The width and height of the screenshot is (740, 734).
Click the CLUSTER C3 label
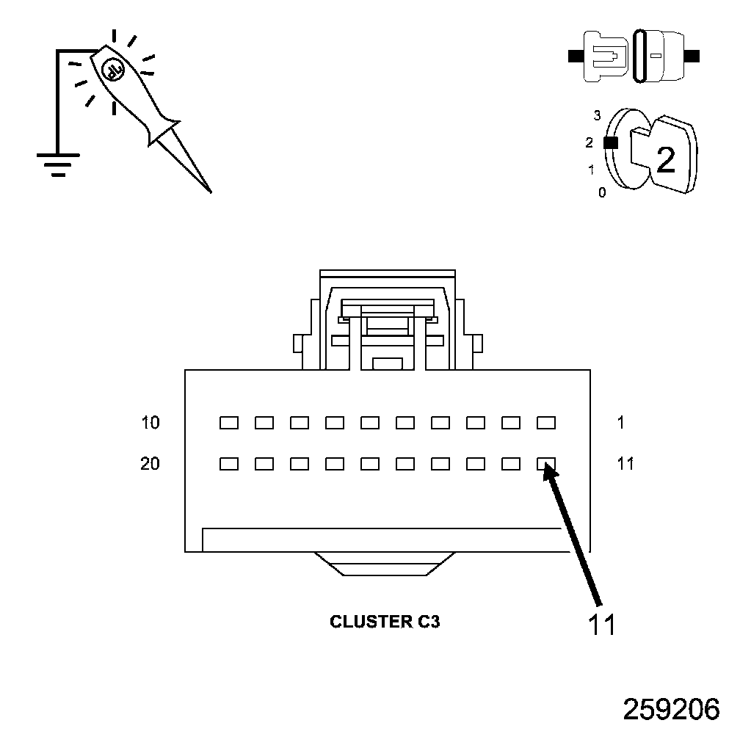click(385, 622)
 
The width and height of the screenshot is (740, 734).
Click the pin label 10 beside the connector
click(150, 423)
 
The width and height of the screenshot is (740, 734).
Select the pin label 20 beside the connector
click(150, 464)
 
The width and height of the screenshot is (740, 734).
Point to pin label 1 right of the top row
click(621, 423)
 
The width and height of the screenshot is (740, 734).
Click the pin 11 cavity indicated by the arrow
click(546, 464)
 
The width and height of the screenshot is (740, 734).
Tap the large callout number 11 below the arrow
click(601, 624)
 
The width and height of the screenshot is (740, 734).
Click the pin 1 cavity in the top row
click(546, 423)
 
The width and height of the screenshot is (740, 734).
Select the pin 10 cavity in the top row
click(229, 423)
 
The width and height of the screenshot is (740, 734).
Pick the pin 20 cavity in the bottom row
click(229, 464)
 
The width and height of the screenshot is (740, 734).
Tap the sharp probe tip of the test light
click(209, 190)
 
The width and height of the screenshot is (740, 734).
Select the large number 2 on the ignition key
click(665, 160)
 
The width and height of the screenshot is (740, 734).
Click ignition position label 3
click(598, 115)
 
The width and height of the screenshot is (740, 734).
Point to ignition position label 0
click(602, 193)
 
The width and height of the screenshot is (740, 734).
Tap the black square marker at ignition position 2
click(609, 143)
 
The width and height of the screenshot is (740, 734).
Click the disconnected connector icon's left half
click(603, 55)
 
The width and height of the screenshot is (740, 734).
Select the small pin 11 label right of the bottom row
click(625, 464)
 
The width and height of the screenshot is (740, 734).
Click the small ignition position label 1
click(591, 170)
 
